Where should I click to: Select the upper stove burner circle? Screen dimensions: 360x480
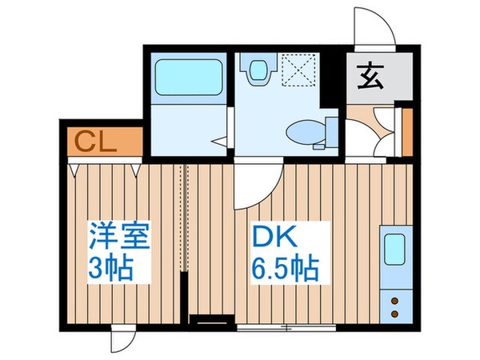(394, 301)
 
